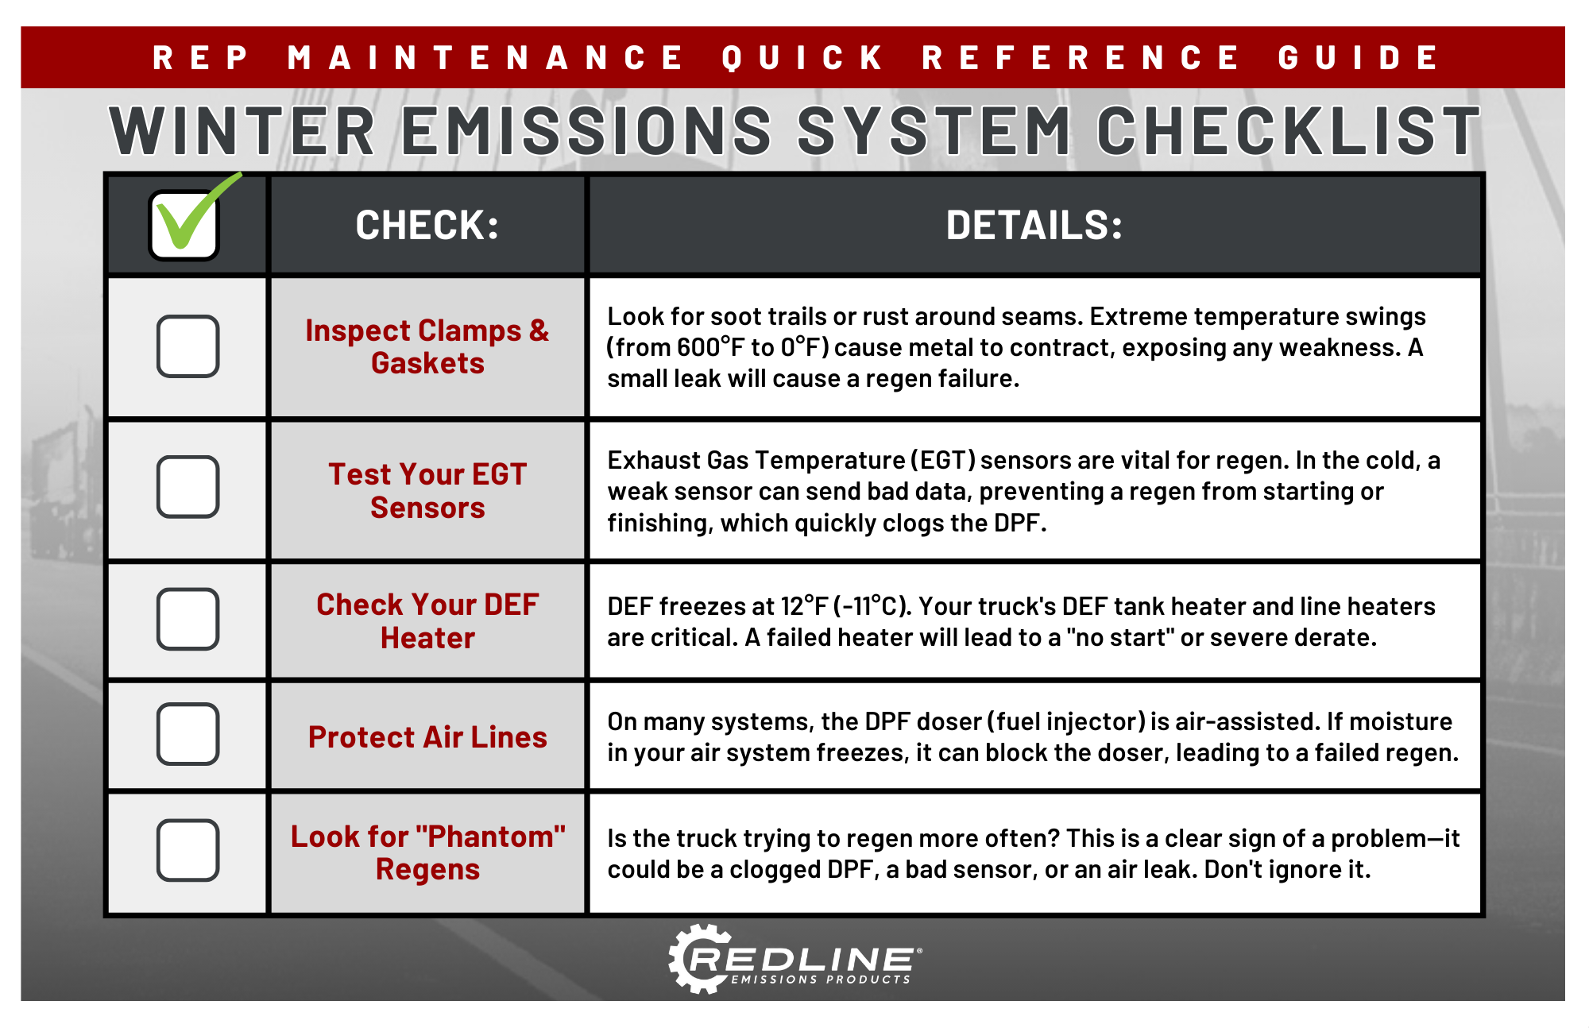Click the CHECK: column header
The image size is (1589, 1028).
pyautogui.click(x=427, y=225)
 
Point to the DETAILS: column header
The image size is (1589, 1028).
pyautogui.click(x=1034, y=225)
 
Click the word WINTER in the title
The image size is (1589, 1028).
pyautogui.click(x=242, y=131)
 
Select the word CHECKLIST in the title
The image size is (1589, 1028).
pyautogui.click(x=1289, y=131)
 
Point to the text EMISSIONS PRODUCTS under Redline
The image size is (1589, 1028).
pyautogui.click(x=821, y=980)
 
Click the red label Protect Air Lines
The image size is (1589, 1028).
pyautogui.click(x=427, y=737)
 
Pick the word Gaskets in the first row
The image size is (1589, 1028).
pyautogui.click(x=427, y=363)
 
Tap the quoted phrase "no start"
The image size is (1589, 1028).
pyautogui.click(x=1120, y=637)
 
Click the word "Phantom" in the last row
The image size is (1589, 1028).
pyautogui.click(x=490, y=837)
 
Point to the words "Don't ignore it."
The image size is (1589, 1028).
pyautogui.click(x=1287, y=869)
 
